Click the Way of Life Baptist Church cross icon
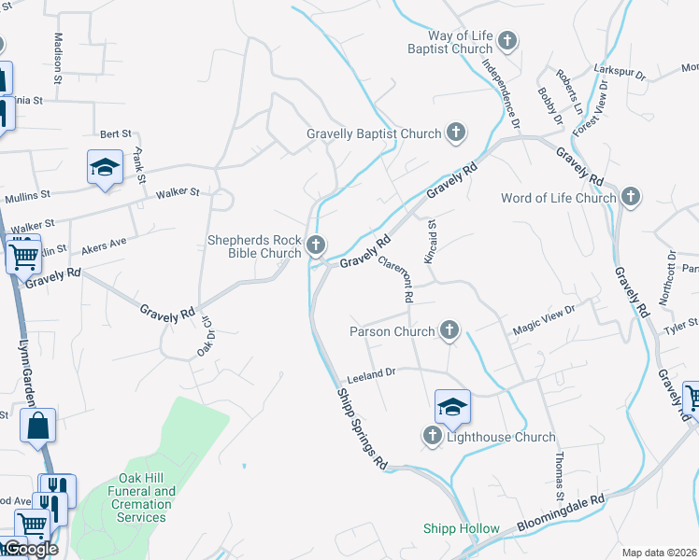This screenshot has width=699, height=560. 507,41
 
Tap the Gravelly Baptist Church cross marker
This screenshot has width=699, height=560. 456,133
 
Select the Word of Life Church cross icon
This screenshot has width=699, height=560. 632,197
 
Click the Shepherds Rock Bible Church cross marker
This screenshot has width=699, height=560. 316,246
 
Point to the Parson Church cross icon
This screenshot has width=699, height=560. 450,330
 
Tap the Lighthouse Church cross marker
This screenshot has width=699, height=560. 433,436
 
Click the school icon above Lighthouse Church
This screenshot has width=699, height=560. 452,406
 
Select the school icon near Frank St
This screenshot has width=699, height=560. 106,167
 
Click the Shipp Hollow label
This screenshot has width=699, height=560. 461,528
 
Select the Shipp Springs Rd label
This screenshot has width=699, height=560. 361,428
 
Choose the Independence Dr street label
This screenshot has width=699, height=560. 501,90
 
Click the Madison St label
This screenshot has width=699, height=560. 58,59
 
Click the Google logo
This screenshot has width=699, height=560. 30,549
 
